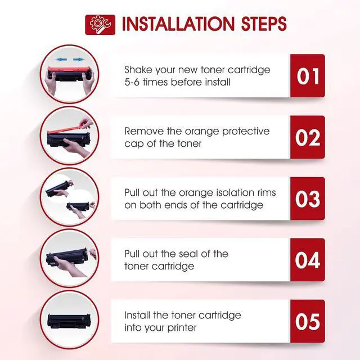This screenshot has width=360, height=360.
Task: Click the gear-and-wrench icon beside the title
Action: pyautogui.click(x=100, y=25)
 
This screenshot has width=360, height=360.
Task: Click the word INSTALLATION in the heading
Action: pyautogui.click(x=178, y=24)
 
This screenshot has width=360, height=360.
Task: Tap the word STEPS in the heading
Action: pyautogui.click(x=264, y=24)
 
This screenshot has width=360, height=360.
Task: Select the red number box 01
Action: pyautogui.click(x=308, y=76)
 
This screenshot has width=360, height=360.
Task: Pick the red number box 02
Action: pyautogui.click(x=308, y=137)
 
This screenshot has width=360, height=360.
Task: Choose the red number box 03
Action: pyautogui.click(x=308, y=199)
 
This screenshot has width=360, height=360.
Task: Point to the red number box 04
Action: pyautogui.click(x=308, y=260)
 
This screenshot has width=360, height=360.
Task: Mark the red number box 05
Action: pyautogui.click(x=308, y=321)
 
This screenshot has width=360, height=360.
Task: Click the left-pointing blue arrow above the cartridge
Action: pyautogui.click(x=61, y=60)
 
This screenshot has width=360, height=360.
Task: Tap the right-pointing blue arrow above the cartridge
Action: pyautogui.click(x=79, y=60)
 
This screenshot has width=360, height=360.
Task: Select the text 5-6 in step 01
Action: pyautogui.click(x=132, y=82)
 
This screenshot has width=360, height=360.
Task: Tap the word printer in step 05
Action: pyautogui.click(x=182, y=328)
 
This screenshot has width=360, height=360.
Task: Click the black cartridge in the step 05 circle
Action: pyautogui.click(x=69, y=320)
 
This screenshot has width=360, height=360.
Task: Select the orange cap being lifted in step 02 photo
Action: pyautogui.click(x=70, y=128)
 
